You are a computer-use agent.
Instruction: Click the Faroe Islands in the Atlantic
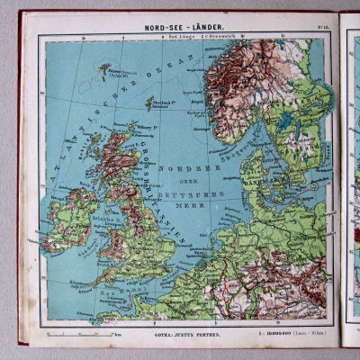point(110,68)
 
